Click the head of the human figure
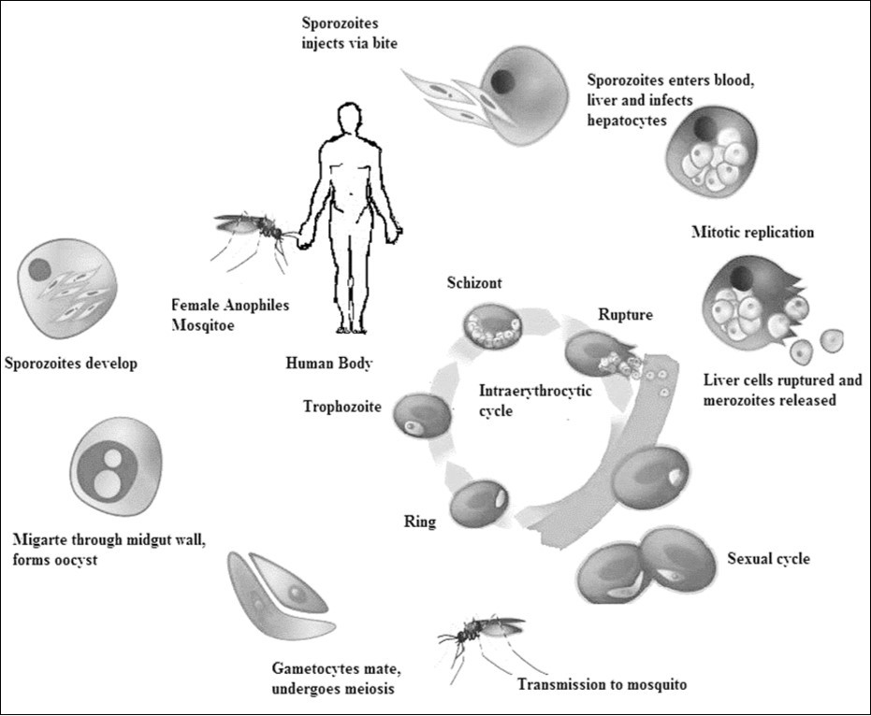(x=349, y=121)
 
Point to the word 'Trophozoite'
(x=342, y=406)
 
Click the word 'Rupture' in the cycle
(x=627, y=315)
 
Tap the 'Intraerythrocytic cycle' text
(x=534, y=400)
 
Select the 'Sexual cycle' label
(x=768, y=560)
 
